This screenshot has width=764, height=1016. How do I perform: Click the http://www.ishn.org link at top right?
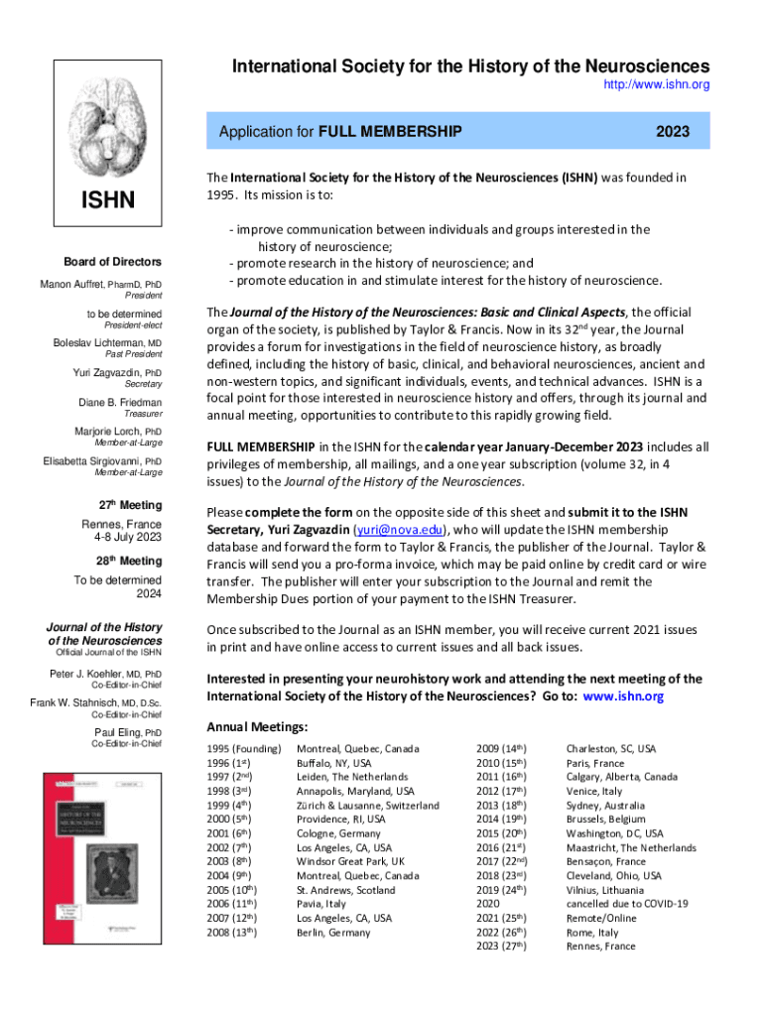[x=657, y=85]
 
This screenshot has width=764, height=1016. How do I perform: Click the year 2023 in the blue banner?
[x=673, y=131]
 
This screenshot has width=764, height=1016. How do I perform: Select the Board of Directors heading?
[x=112, y=262]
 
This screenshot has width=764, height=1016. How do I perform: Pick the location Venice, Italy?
[x=593, y=791]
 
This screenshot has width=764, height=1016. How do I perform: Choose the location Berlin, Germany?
[x=331, y=933]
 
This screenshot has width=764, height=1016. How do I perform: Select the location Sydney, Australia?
[x=605, y=806]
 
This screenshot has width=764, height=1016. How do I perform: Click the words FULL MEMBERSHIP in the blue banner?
[x=389, y=131]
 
